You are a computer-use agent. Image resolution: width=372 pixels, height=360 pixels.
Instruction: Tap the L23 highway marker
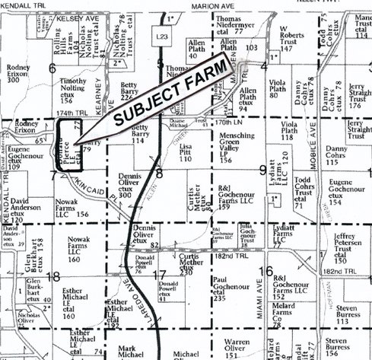point(159,37)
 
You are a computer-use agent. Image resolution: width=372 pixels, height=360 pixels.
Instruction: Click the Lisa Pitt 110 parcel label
point(186,150)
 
